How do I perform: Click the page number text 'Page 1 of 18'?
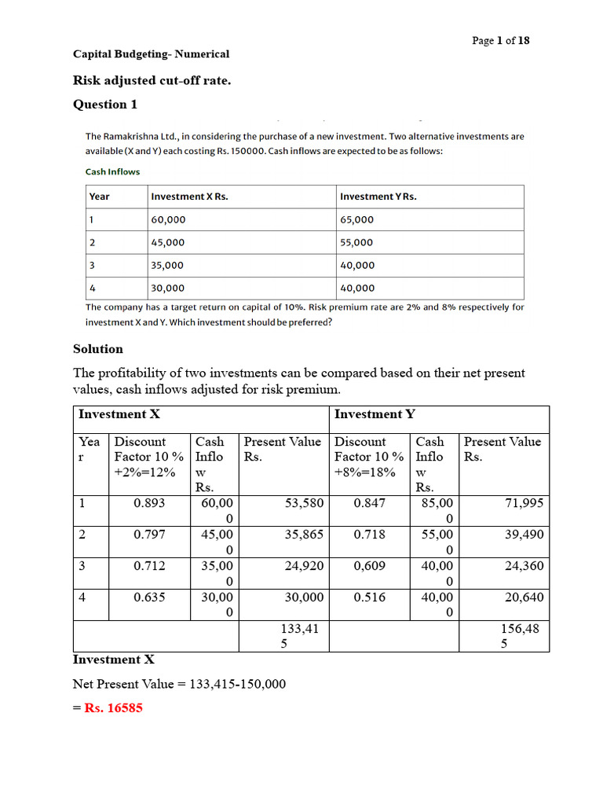point(500,41)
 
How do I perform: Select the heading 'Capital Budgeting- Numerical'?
point(151,54)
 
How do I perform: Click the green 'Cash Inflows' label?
point(112,171)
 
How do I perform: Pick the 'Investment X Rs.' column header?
point(189,197)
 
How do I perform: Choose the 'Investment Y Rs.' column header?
point(378,197)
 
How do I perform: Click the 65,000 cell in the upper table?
point(357,219)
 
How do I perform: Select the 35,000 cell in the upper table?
point(167,266)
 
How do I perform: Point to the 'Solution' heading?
point(98,348)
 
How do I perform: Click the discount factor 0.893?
point(149,503)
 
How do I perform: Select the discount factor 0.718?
point(369,535)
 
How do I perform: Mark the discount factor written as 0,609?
point(369,566)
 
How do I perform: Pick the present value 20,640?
point(524,597)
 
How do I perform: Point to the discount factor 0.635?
point(149,597)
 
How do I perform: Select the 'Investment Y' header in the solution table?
point(375,414)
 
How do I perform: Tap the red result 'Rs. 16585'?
point(114,708)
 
